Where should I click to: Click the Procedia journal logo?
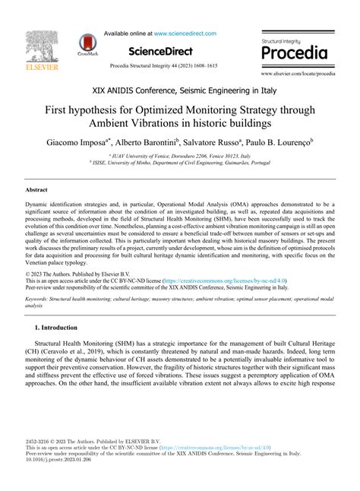pyautogui.click(x=295, y=50)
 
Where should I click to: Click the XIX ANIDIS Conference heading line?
pyautogui.click(x=180, y=90)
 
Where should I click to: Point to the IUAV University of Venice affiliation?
pyautogui.click(x=180, y=155)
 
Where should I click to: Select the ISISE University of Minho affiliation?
pyautogui.click(x=180, y=162)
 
